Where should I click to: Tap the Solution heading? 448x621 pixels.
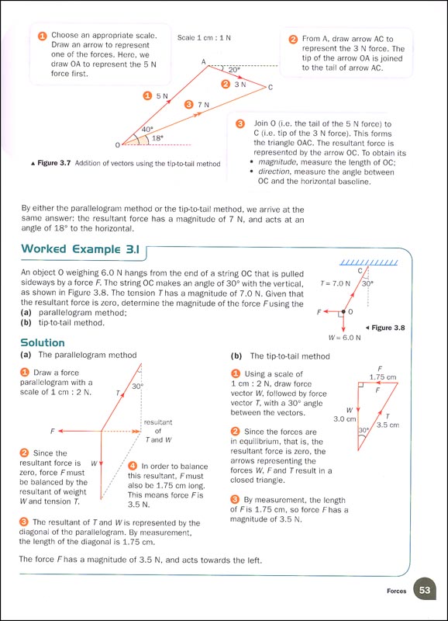[x=43, y=342]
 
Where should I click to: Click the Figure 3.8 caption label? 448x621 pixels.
[x=400, y=328]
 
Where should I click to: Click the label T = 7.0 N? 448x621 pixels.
[x=336, y=284]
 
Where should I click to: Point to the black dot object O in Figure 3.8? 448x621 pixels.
[x=342, y=312]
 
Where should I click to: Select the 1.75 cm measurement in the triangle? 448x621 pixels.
[x=379, y=377]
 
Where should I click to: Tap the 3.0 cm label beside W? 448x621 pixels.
[x=344, y=418]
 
